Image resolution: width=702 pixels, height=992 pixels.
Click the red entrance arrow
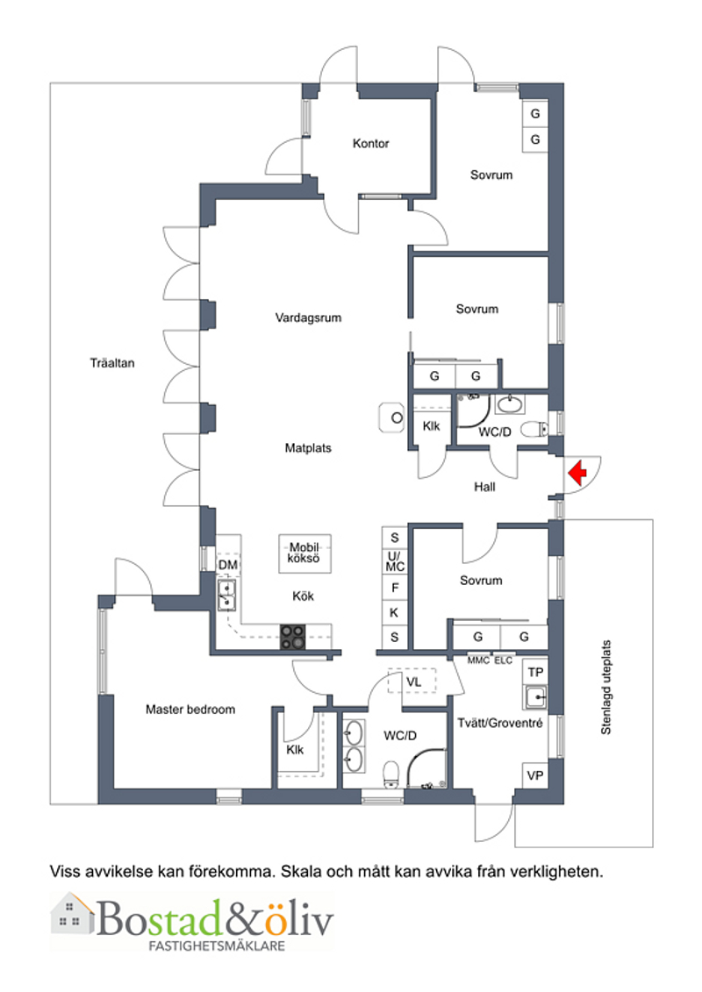[577, 473]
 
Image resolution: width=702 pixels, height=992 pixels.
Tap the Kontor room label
[371, 144]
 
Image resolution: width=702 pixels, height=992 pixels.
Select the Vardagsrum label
[308, 318]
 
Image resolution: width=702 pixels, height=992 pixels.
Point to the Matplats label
[308, 448]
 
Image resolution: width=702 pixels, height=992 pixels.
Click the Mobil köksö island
[304, 553]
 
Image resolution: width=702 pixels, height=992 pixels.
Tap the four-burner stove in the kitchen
[293, 637]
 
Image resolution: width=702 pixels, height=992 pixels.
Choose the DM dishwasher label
[228, 564]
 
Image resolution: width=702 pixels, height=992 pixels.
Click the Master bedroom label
[190, 710]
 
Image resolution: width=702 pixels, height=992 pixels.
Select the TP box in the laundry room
[535, 672]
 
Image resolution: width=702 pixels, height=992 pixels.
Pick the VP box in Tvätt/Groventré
[535, 775]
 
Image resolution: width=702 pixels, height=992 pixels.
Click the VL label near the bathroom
[414, 682]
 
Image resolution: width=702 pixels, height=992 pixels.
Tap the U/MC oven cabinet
[395, 562]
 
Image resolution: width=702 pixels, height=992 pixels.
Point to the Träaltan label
[112, 363]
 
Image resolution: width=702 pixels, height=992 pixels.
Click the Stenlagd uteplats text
[605, 688]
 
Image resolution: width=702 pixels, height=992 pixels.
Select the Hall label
[485, 487]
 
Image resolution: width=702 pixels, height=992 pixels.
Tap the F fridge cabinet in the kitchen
[395, 588]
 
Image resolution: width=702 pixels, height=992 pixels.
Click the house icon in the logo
[72, 912]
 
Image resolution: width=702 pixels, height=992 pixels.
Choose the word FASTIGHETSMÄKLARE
[217, 946]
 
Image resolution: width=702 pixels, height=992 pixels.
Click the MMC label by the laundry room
[478, 660]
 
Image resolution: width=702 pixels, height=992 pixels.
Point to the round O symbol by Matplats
[397, 417]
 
